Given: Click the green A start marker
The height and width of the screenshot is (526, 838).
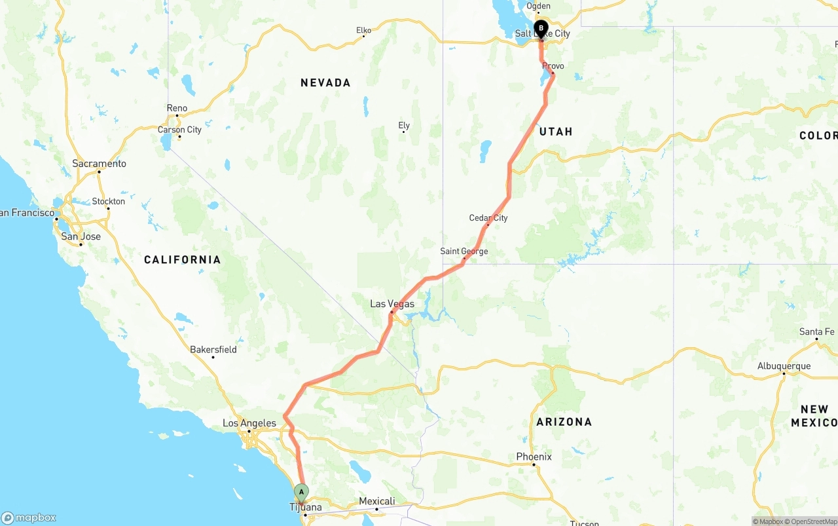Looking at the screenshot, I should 301,492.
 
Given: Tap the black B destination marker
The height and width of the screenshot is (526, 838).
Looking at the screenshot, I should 541,28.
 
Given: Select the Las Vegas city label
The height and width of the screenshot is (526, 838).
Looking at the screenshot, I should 392,304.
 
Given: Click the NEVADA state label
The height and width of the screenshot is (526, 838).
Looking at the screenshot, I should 325,83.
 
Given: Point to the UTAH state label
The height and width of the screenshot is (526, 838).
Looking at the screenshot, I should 556,132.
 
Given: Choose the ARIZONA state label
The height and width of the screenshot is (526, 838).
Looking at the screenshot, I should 564,422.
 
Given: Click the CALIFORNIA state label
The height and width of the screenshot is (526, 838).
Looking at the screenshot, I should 182,260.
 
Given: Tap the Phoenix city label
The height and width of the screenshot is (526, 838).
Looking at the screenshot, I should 534,457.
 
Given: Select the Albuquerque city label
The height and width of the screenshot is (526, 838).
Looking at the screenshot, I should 784,366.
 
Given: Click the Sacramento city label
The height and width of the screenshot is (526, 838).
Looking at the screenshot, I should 99,163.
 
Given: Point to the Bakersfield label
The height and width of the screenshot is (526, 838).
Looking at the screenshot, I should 213,349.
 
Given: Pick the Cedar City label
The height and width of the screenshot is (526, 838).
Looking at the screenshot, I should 488,217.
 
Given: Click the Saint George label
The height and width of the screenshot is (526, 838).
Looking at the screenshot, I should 464,251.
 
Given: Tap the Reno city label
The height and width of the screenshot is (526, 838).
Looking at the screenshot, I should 177,108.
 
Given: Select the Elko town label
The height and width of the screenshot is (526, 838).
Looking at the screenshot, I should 363,30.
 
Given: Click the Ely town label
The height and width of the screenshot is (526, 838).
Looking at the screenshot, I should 404,125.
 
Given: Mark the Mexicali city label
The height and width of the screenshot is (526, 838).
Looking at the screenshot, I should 376,501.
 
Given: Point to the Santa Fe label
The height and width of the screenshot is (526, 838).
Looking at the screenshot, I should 816,332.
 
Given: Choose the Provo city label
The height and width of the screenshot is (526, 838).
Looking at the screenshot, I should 553,66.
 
